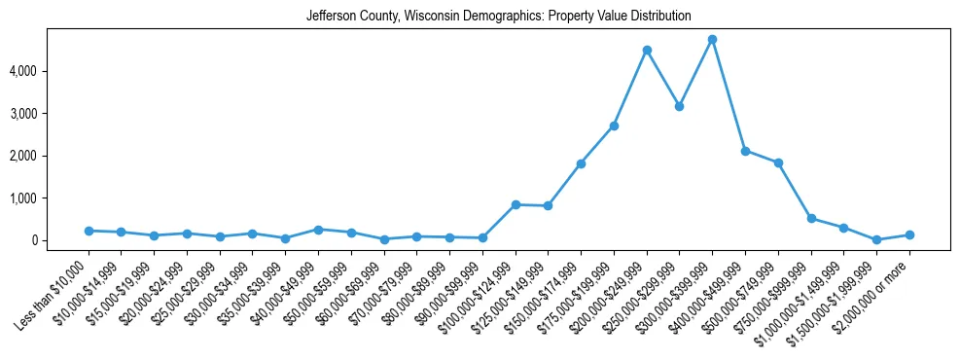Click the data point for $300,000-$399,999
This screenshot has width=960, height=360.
click(x=712, y=40)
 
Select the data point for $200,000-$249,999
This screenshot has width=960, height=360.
click(x=647, y=50)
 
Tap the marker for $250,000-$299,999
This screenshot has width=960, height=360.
click(x=679, y=106)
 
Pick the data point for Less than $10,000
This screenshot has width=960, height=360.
click(x=89, y=231)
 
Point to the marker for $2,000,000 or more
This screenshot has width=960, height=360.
click(x=909, y=234)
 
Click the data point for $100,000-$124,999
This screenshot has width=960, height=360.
click(x=516, y=204)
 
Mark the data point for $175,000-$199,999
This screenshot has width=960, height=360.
click(x=614, y=126)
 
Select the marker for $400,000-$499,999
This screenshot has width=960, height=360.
click(x=745, y=151)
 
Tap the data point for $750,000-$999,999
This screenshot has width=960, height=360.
click(x=811, y=218)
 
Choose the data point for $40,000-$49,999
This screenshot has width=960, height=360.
click(x=318, y=230)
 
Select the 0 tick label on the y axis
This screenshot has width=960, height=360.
click(x=60, y=240)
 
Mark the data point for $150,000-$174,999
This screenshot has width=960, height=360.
click(x=581, y=163)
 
